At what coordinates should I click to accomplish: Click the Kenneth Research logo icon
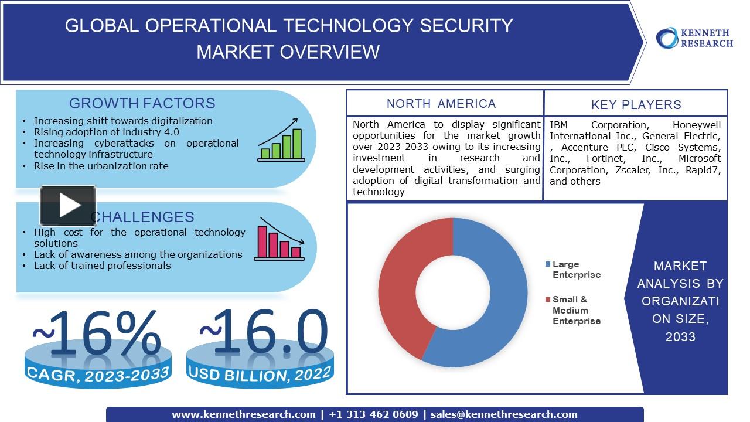click(667, 38)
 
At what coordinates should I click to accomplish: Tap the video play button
click(68, 206)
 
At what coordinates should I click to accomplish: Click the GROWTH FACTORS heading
click(142, 103)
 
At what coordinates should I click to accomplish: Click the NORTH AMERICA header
click(441, 104)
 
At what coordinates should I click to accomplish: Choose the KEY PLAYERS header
click(636, 105)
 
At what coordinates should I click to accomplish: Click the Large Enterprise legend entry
click(575, 270)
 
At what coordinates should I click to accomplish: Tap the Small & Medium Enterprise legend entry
click(575, 310)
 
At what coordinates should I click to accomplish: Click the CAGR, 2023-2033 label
click(97, 373)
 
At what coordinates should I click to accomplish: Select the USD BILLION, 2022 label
click(260, 373)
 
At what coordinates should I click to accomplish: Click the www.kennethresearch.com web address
click(243, 414)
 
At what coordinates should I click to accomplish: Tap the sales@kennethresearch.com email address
click(504, 414)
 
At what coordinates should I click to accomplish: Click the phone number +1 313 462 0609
click(373, 414)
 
